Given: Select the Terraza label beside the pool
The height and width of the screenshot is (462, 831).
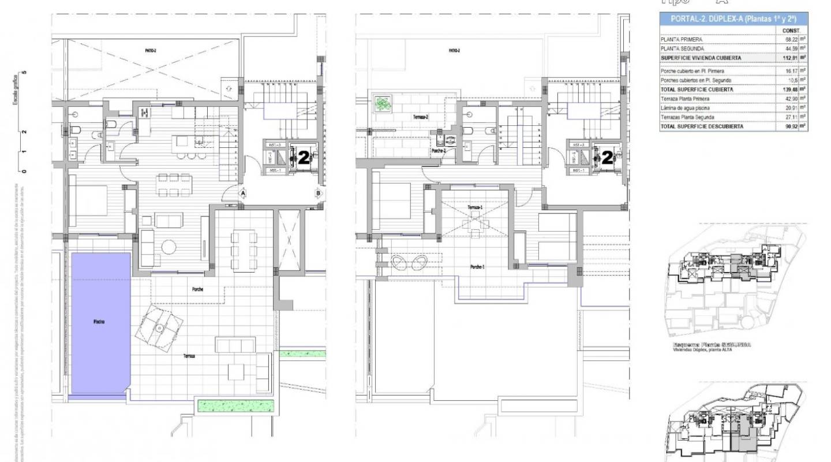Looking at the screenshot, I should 189,356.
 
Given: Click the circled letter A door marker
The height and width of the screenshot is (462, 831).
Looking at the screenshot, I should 243,193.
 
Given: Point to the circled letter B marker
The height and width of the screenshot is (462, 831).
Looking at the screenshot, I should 318,193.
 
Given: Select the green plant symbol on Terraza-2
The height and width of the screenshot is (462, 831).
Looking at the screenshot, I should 382,104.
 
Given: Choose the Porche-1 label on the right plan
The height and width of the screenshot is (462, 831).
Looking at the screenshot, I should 477,267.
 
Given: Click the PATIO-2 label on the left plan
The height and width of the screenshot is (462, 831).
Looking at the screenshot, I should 151,51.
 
